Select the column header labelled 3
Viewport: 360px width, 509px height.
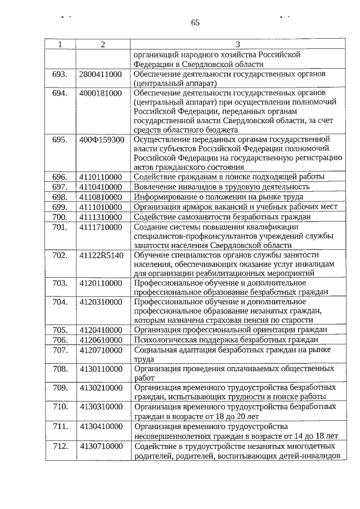pos(237,44)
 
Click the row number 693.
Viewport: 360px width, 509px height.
pos(60,74)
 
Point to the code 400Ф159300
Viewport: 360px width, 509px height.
pos(102,139)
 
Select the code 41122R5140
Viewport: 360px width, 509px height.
pos(101,255)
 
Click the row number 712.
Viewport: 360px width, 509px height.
pos(60,446)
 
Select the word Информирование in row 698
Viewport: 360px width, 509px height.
pos(164,197)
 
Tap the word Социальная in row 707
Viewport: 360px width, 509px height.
pos(155,350)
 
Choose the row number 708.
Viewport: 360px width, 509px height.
pos(60,369)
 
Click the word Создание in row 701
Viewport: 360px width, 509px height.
pos(151,227)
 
